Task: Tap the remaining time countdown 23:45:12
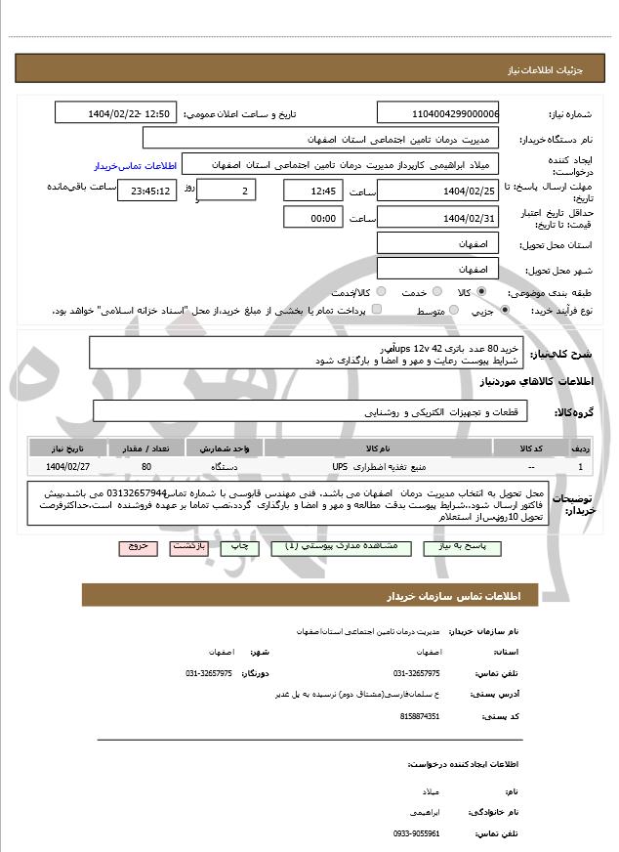pos(146,192)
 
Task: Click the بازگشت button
pos(188,548)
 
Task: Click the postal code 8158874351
pos(420,716)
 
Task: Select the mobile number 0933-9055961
pos(417,833)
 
